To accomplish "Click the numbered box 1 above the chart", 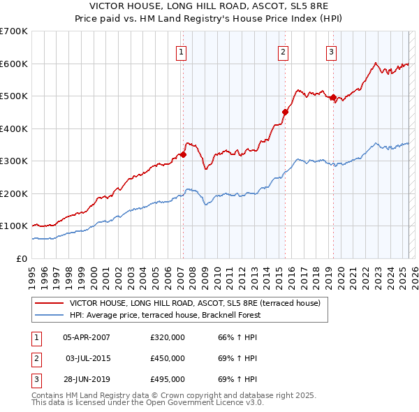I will tap(181, 52).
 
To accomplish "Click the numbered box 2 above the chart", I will tap(284, 52).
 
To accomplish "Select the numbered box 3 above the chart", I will tap(331, 52).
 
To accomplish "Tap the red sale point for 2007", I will tap(183, 155).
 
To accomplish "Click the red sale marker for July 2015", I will tap(285, 112).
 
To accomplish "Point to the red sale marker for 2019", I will tap(333, 98).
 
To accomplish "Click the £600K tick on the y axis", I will tap(15, 64).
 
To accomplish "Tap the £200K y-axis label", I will tap(15, 193).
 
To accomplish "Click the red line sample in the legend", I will tap(49, 303).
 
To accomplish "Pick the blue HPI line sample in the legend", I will tap(49, 315).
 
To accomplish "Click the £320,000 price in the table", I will tap(168, 338).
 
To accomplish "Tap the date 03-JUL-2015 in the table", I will tap(87, 358).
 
